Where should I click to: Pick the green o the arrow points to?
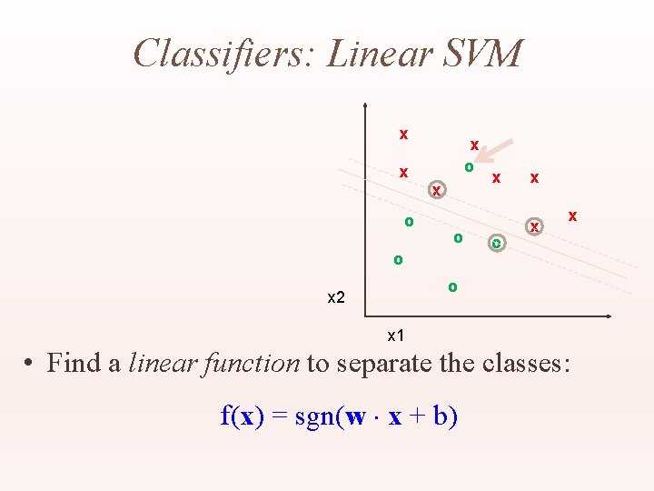coord(469,167)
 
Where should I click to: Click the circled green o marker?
coord(497,244)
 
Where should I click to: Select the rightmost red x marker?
coord(572,216)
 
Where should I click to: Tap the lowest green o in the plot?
coord(452,287)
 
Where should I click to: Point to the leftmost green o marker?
coord(398,260)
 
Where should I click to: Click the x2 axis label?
coord(336,298)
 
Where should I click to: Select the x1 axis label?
coord(396,336)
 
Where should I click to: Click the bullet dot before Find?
coord(30,365)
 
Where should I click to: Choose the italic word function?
coord(259,364)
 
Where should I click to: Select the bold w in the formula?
coord(356,418)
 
